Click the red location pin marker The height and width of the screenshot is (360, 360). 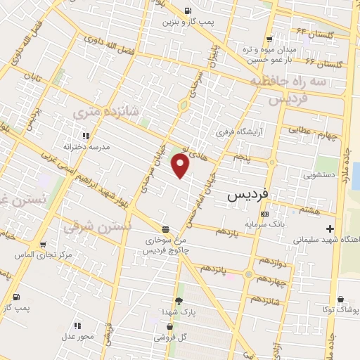(x=181, y=167)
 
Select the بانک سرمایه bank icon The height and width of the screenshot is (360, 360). (x=264, y=214)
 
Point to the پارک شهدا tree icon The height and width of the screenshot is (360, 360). (x=178, y=301)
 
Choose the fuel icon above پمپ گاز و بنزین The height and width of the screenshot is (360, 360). (x=188, y=11)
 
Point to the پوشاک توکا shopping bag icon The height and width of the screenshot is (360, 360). (x=341, y=298)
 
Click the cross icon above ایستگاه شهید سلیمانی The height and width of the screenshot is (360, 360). (x=330, y=229)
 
